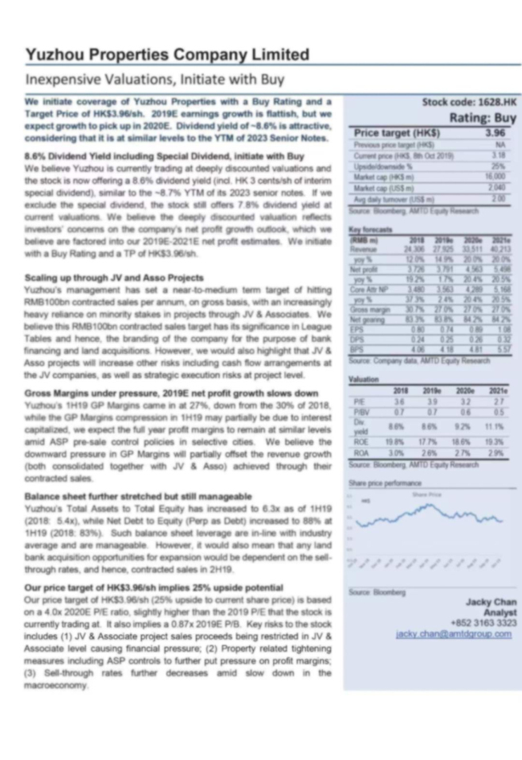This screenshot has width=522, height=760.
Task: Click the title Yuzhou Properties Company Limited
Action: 167,55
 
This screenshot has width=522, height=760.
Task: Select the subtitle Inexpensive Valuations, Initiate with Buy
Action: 155,80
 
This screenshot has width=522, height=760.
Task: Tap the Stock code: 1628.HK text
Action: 470,103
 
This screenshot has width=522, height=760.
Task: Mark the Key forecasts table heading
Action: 369,230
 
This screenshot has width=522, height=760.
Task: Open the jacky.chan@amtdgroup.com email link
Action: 454,634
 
